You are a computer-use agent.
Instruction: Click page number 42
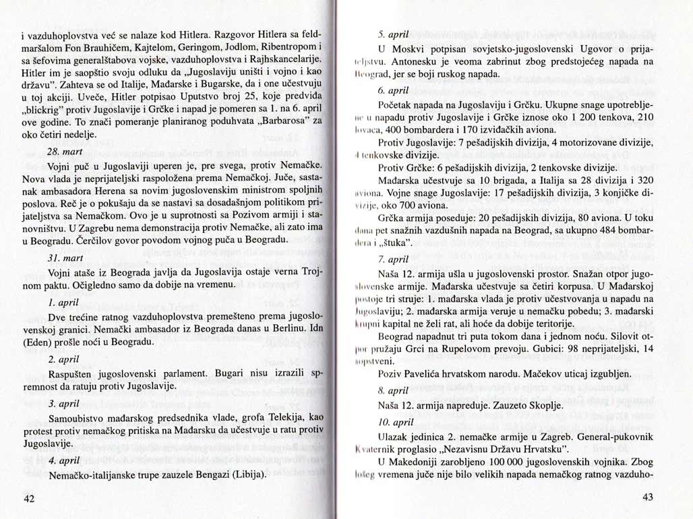pos(29,499)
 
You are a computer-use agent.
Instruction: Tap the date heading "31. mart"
pos(65,259)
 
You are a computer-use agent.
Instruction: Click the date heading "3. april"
pos(63,404)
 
